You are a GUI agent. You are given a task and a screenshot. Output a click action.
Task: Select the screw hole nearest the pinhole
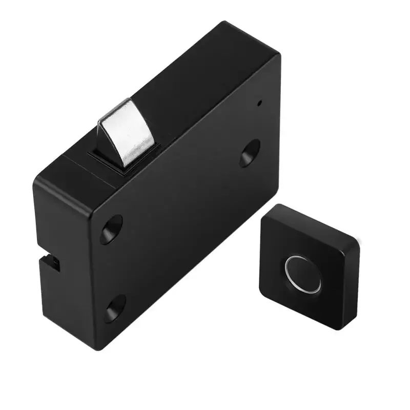(x=249, y=152)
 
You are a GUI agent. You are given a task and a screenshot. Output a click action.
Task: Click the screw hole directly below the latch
(x=111, y=229)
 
